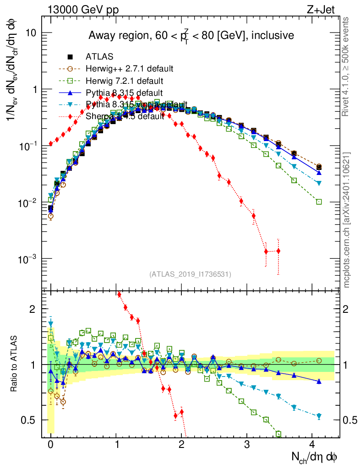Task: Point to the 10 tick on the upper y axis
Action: tap(32, 33)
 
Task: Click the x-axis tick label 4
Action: tap(313, 444)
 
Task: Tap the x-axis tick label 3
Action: tap(247, 444)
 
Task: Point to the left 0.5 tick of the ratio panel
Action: tap(30, 420)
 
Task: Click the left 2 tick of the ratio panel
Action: tap(33, 309)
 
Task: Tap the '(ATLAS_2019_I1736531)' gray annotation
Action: tap(190, 274)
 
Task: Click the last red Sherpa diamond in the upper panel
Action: tap(278, 251)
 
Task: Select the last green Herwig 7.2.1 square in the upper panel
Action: tap(319, 202)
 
